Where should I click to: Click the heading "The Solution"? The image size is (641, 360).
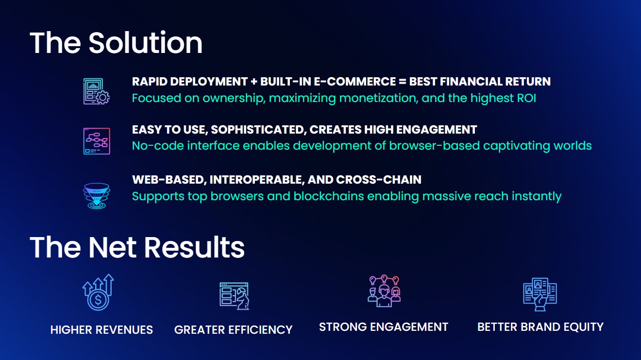point(116,43)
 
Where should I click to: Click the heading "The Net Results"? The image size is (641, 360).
point(137,247)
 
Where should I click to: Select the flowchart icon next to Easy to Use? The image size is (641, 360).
point(97,141)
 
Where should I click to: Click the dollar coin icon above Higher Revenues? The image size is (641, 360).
point(98,292)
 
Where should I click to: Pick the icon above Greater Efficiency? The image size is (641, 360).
point(234,296)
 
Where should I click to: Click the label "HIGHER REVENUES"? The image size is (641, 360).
point(101,330)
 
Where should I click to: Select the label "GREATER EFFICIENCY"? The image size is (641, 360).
point(234,330)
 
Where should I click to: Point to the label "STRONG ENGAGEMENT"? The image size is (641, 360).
point(384,327)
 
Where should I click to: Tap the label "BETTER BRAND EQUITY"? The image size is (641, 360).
point(540,327)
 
